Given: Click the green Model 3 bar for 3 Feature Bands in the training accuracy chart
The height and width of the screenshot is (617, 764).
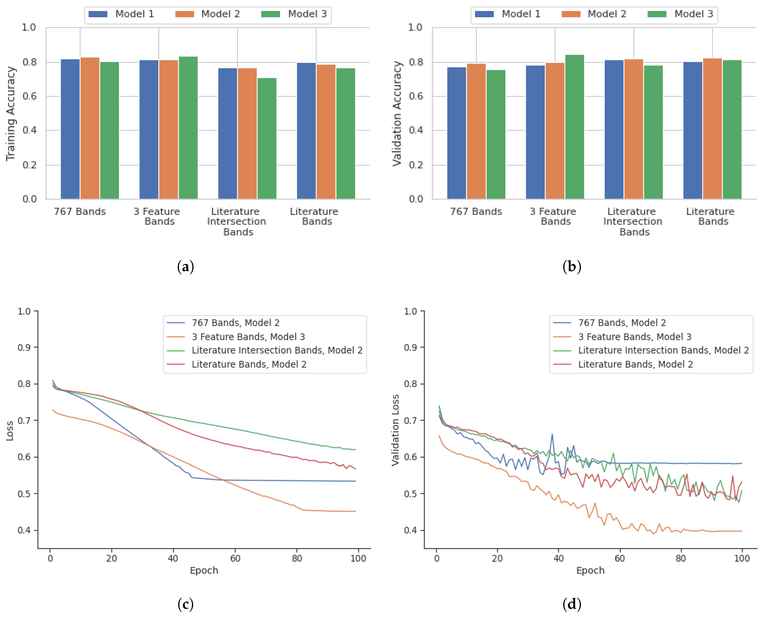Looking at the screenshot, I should pos(188,128).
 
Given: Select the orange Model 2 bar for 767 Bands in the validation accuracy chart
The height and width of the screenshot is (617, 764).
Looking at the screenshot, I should pos(476,132).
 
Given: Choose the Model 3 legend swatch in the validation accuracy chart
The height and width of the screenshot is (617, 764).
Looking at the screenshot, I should pos(657,14).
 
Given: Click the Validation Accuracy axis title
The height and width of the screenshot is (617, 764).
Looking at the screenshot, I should pos(397,114).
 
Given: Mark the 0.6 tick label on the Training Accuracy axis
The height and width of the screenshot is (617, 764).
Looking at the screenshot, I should pos(29,96).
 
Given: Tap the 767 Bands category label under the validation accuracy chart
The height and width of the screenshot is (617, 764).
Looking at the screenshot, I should pos(476,212).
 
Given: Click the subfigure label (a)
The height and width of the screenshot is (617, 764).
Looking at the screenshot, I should pos(185,267).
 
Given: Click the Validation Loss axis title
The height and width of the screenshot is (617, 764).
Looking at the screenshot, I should pos(395,430).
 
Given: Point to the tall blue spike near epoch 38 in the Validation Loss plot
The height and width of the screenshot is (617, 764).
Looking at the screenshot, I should pos(552,434).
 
